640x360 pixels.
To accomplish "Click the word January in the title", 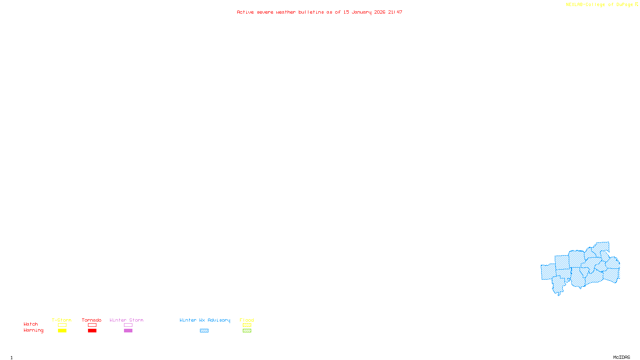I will [361, 12].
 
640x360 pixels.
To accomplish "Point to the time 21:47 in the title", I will [395, 12].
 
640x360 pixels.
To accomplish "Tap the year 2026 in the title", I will [380, 12].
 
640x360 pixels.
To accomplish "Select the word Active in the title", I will [245, 12].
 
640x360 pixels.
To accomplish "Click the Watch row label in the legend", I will [31, 324].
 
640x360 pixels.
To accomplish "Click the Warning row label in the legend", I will [33, 330].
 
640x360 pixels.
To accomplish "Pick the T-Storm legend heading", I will [62, 320].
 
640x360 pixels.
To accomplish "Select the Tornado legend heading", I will [92, 320].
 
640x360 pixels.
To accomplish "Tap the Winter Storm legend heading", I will [126, 320].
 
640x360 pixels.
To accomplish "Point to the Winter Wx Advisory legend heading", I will [205, 320].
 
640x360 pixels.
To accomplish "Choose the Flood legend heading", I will [247, 320].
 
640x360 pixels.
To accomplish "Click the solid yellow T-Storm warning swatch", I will [62, 331].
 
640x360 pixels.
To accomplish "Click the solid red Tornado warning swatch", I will [92, 331].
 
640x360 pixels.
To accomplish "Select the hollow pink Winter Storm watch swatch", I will [128, 325].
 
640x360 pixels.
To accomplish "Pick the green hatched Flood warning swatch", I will [247, 331].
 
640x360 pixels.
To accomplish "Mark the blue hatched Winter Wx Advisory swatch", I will [204, 331].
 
